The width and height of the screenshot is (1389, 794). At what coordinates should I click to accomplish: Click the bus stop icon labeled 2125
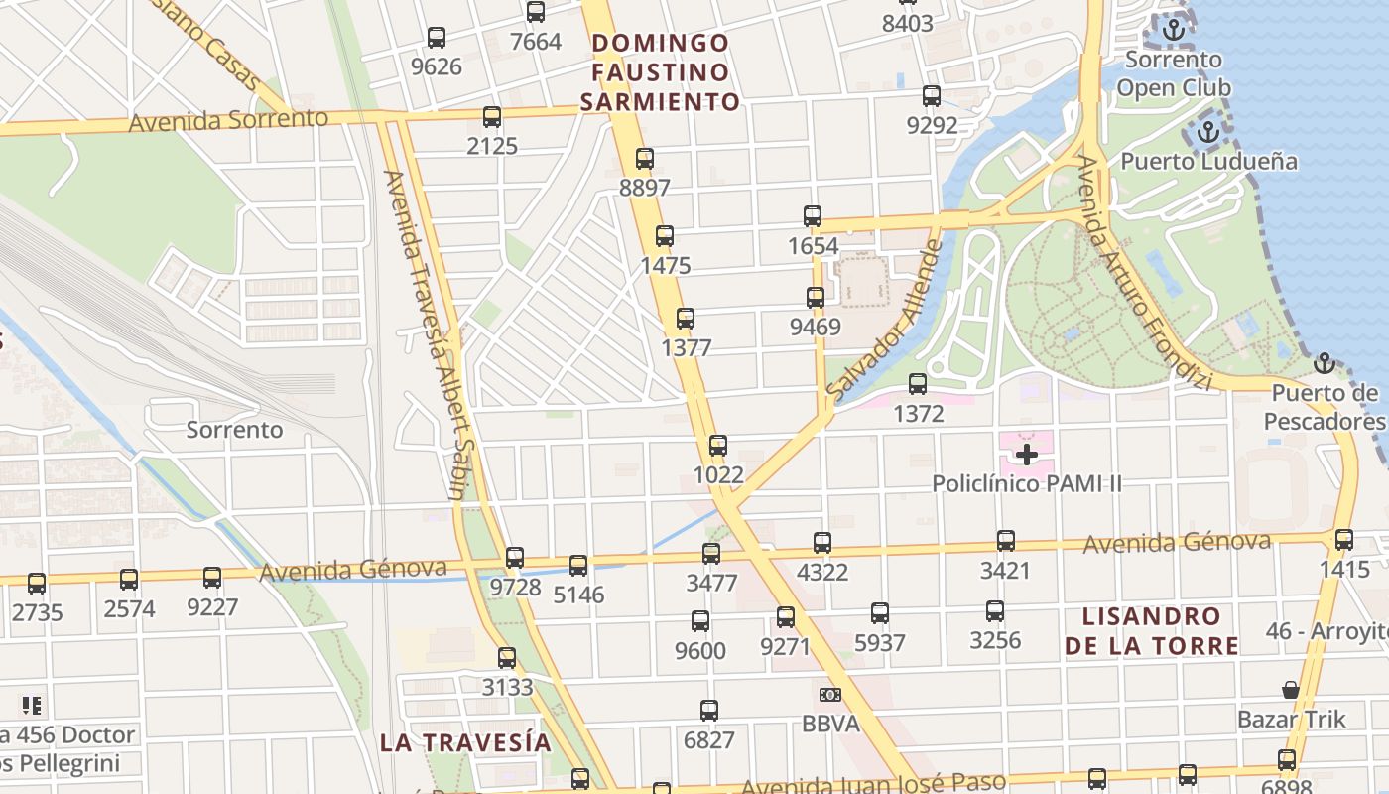pyautogui.click(x=492, y=118)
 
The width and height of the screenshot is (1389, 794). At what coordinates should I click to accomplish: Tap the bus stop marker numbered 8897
pyautogui.click(x=645, y=159)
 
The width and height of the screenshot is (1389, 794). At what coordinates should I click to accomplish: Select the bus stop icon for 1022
pyautogui.click(x=718, y=446)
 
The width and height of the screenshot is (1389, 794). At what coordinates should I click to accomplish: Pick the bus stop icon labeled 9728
pyautogui.click(x=514, y=558)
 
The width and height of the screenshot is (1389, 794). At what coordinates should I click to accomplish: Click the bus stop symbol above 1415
pyautogui.click(x=1343, y=540)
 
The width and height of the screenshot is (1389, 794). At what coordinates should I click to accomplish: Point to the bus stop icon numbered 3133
pyautogui.click(x=507, y=658)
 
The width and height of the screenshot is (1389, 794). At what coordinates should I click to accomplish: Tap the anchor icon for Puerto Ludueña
pyautogui.click(x=1208, y=131)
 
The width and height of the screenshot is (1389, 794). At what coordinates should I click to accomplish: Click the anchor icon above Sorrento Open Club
pyautogui.click(x=1175, y=30)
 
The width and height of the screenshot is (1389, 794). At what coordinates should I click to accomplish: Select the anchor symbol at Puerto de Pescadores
pyautogui.click(x=1324, y=363)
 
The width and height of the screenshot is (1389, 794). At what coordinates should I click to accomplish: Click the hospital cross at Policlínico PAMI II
pyautogui.click(x=1027, y=455)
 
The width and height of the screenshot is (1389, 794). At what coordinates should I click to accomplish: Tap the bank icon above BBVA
pyautogui.click(x=830, y=695)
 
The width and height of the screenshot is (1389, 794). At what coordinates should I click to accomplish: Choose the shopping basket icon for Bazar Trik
pyautogui.click(x=1291, y=689)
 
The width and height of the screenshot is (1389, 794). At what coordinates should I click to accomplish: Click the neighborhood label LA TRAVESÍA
pyautogui.click(x=465, y=742)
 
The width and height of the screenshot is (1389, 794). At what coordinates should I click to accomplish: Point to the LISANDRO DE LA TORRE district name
pyautogui.click(x=1152, y=631)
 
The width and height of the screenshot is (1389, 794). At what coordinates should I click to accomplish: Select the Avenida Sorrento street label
pyautogui.click(x=228, y=120)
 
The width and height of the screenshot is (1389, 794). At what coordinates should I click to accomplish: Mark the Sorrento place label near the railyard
pyautogui.click(x=234, y=430)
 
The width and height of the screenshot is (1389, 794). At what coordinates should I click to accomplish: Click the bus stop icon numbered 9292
pyautogui.click(x=932, y=96)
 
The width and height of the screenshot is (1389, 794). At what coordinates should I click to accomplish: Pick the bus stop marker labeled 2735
pyautogui.click(x=37, y=584)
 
